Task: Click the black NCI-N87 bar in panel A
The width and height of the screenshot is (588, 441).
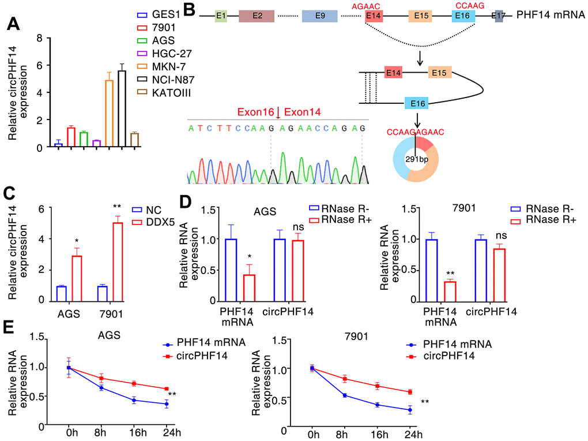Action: [122, 109]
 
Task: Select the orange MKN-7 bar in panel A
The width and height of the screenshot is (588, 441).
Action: [109, 114]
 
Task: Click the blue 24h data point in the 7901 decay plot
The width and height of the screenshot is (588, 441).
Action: [409, 410]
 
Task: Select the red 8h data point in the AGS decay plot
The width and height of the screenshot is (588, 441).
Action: [102, 379]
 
